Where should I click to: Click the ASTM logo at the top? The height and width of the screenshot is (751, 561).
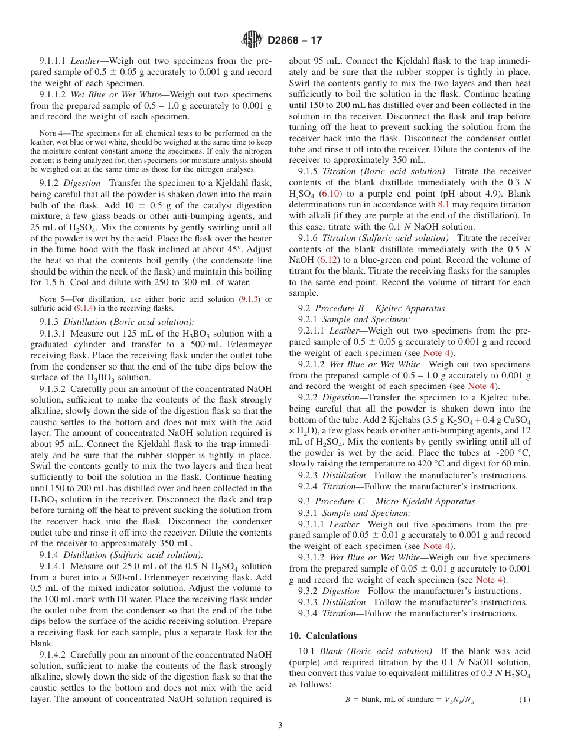coord(252,40)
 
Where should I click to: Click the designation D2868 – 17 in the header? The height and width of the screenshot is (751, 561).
coord(295,40)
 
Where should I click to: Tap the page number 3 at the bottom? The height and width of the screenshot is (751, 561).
coord(280,725)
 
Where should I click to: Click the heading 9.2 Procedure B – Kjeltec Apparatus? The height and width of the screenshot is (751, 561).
coord(371,308)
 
